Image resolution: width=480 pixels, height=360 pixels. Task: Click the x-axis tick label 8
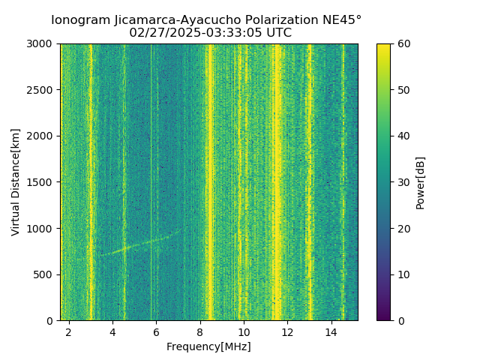click(x=200, y=331)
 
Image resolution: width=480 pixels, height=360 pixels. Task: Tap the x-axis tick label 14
click(x=331, y=331)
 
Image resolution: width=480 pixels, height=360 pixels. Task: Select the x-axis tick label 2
click(x=69, y=331)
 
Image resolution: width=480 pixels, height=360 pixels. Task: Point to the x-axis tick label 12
click(x=287, y=331)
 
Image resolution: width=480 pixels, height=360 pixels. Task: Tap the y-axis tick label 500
click(x=43, y=274)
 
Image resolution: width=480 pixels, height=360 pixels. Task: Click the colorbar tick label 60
click(x=403, y=44)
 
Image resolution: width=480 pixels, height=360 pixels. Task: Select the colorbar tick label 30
click(x=403, y=182)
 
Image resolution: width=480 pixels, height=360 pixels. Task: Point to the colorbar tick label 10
click(x=403, y=274)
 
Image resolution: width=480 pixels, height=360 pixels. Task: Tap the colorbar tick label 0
click(x=401, y=320)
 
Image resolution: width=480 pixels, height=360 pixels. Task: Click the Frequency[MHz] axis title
click(x=208, y=346)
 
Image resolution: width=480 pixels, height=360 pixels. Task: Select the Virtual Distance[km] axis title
click(x=16, y=182)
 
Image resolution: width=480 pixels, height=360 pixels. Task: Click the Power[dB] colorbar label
click(x=421, y=182)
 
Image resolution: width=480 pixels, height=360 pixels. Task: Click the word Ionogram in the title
click(x=78, y=20)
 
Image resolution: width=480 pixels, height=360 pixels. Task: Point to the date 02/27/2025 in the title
click(x=160, y=33)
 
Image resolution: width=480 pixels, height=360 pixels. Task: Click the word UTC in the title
click(x=277, y=33)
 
